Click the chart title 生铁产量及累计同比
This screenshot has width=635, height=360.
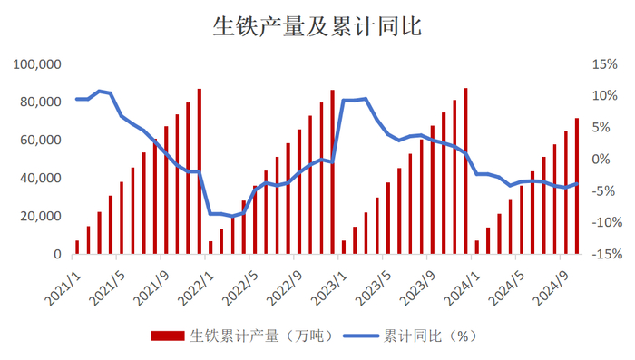[317, 27]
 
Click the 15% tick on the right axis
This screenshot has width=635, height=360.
[603, 64]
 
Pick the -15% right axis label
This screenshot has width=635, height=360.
[601, 255]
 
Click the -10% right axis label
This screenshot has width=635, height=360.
[601, 223]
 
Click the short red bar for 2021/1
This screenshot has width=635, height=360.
[77, 248]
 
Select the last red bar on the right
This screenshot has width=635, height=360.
[577, 187]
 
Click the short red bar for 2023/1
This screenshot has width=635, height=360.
[344, 248]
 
